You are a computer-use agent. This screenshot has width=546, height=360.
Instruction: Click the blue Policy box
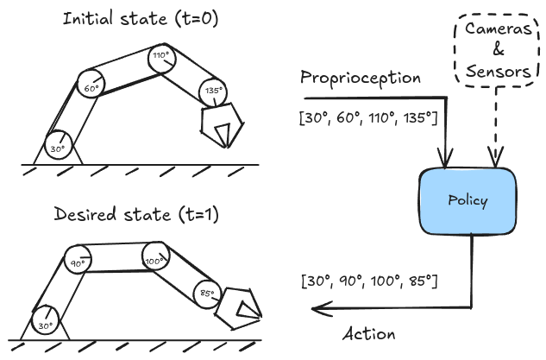coord(467,201)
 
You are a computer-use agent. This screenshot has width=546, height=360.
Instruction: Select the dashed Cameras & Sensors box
coord(498,50)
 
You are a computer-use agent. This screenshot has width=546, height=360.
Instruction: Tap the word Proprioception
coord(361,78)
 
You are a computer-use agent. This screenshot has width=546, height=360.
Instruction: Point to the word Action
coord(368,333)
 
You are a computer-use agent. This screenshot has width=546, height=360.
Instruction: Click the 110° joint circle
coord(160,57)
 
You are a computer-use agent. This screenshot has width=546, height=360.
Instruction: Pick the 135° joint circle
coord(211,90)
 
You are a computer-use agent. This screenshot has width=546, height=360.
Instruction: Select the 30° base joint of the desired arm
coord(45,325)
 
